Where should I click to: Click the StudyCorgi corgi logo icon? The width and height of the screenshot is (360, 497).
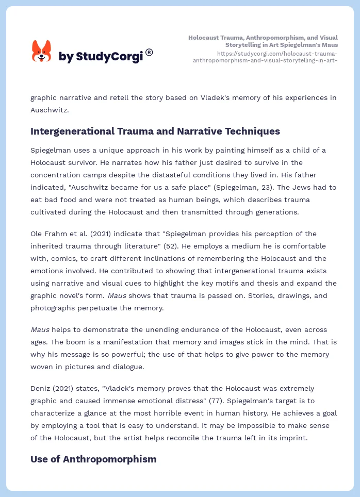42,51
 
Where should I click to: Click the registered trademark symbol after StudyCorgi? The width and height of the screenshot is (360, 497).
150,52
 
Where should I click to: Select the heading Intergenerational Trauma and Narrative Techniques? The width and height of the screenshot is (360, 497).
155,131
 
